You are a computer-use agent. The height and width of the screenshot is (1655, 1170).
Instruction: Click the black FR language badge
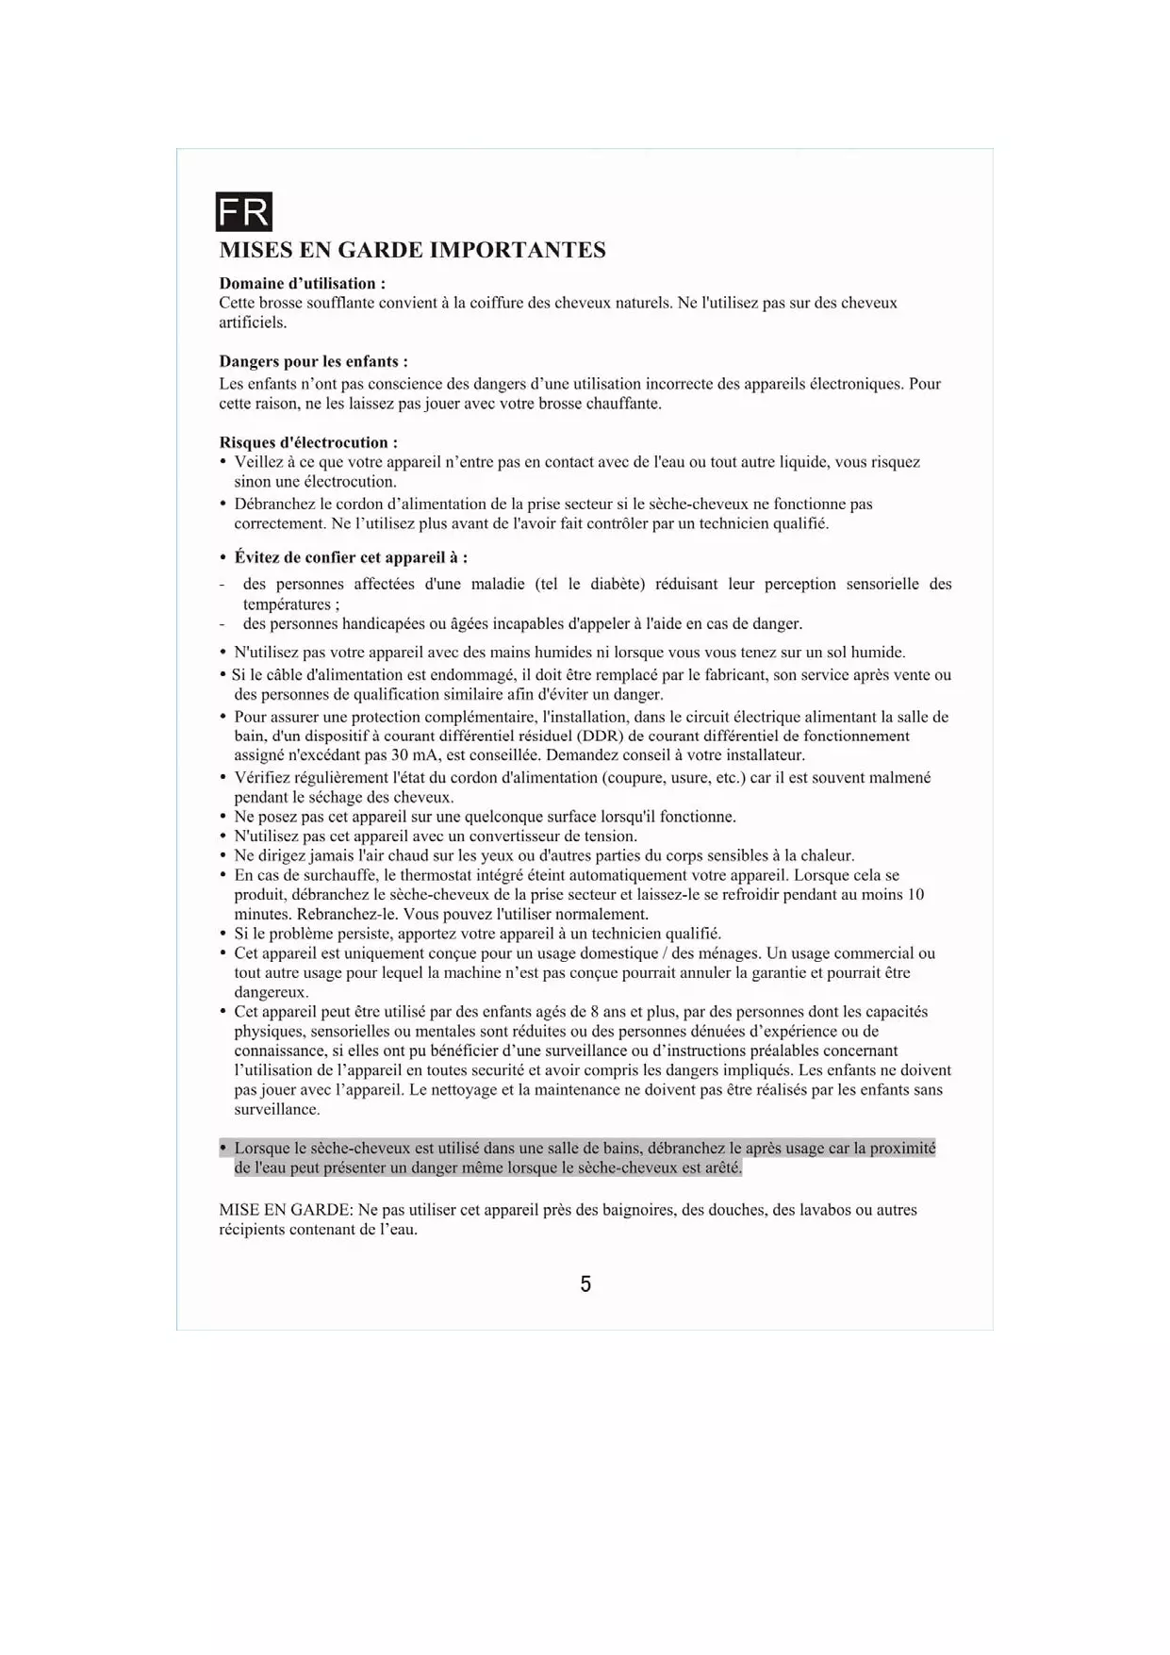pyautogui.click(x=244, y=212)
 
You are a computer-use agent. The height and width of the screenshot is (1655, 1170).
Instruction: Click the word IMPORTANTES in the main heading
pyautogui.click(x=517, y=250)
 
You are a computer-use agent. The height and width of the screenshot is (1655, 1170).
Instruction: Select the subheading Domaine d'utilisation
pyautogui.click(x=302, y=283)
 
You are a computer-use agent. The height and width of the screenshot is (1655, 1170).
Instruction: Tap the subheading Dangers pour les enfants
pyautogui.click(x=313, y=361)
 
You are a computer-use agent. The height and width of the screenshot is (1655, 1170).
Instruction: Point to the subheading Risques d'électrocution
pyautogui.click(x=308, y=442)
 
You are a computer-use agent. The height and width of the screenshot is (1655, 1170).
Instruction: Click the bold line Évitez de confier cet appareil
pyautogui.click(x=351, y=557)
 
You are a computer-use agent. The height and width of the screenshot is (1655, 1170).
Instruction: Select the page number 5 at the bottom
pyautogui.click(x=585, y=1284)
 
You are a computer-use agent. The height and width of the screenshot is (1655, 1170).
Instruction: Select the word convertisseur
pyautogui.click(x=517, y=836)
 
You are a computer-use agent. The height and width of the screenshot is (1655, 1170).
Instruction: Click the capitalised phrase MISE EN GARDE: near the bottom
pyautogui.click(x=286, y=1210)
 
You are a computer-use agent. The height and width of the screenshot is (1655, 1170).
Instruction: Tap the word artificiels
pyautogui.click(x=253, y=323)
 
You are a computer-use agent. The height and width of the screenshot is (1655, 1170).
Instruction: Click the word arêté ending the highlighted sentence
pyautogui.click(x=724, y=1168)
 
